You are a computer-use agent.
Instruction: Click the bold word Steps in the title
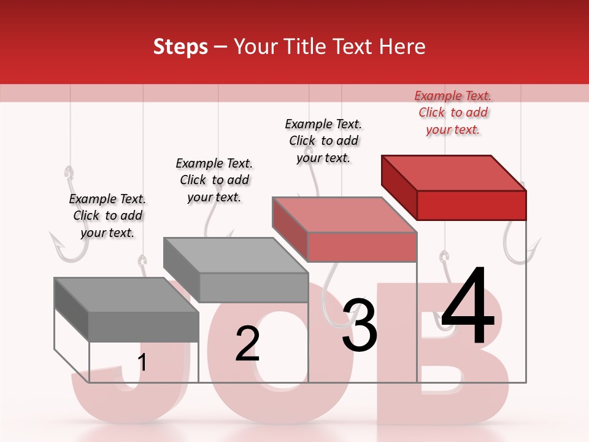tap(180, 47)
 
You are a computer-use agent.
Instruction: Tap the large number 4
tap(468, 308)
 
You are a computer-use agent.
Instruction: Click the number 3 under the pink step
tap(360, 325)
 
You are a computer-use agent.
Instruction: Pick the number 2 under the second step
tap(248, 344)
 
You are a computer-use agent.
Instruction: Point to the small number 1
tap(142, 362)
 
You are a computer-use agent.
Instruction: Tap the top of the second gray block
tap(236, 255)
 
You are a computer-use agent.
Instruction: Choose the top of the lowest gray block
tap(126, 295)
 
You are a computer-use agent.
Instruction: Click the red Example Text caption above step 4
tap(453, 112)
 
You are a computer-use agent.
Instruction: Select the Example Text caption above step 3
tap(323, 141)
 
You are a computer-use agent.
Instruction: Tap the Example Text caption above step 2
tap(214, 180)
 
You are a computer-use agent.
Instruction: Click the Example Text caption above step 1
tap(107, 215)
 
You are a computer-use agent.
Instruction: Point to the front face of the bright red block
tap(471, 205)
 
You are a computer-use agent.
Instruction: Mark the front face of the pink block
tap(362, 247)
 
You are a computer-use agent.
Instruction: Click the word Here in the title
tap(403, 47)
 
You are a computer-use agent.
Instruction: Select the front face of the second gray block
tap(253, 287)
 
